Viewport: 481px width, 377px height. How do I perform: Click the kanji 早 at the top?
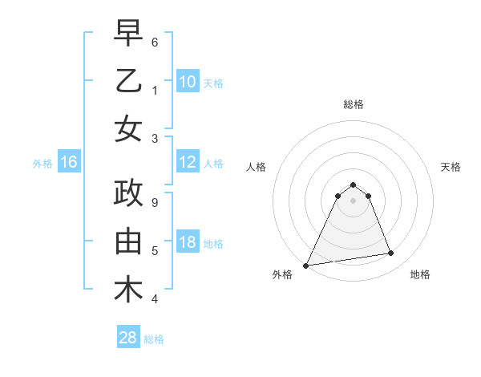coord(129,33)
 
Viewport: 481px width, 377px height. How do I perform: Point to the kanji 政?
coord(129,194)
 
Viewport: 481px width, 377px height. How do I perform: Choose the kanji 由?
coord(129,241)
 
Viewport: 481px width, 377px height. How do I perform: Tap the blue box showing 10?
coord(187,81)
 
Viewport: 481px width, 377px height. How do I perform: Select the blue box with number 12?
coord(187,163)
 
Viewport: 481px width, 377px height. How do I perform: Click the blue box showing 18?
coord(187,243)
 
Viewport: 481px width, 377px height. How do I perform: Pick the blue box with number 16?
coord(68,163)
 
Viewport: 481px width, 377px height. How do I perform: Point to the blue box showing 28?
coord(127,338)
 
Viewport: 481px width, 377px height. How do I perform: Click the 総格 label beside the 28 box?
coord(154,339)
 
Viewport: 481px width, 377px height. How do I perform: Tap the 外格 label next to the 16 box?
coord(42,164)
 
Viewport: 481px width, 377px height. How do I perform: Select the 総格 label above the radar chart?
coord(353,104)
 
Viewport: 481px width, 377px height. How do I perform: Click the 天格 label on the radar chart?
coord(451,167)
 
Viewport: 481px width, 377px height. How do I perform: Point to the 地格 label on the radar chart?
coord(420,275)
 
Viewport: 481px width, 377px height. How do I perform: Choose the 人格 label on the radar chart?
coord(255,167)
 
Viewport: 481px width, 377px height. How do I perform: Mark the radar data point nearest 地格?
coord(391,253)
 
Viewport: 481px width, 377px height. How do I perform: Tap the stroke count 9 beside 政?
coord(154,202)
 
